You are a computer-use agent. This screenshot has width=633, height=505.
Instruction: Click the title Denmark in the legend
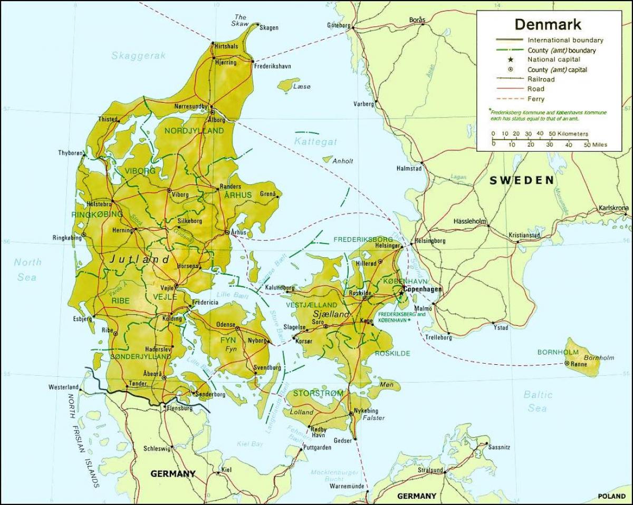[548, 25]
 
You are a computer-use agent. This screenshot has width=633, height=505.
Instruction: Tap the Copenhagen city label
[423, 290]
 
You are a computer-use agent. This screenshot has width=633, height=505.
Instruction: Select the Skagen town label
[269, 27]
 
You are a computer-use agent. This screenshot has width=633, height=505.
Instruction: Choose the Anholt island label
[343, 161]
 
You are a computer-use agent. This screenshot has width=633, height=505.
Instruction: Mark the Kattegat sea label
[315, 142]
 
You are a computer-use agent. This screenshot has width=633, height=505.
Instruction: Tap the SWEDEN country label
[522, 180]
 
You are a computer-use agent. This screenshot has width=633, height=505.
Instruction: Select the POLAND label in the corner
[611, 496]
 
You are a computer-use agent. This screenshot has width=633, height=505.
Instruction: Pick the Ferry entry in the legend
[536, 99]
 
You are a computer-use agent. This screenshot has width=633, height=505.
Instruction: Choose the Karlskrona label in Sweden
[614, 208]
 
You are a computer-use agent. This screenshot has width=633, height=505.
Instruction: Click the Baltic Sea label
[538, 401]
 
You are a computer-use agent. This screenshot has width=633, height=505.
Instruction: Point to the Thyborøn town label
[71, 153]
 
